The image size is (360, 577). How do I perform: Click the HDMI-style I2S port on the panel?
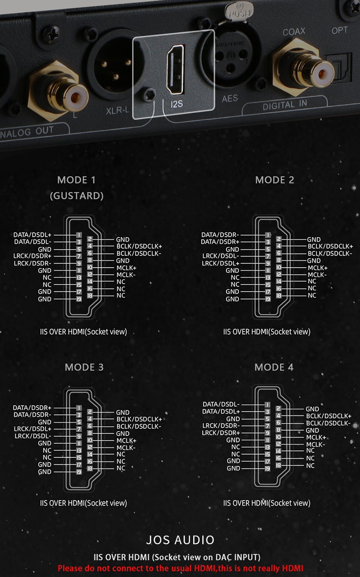[x=176, y=69]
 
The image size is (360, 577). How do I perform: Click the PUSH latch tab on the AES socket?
[x=239, y=10]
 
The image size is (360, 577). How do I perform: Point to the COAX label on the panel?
[x=294, y=31]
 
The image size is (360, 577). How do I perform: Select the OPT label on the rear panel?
[x=339, y=31]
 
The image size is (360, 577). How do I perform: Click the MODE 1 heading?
[x=76, y=180]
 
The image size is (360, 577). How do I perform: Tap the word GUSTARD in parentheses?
[x=77, y=196]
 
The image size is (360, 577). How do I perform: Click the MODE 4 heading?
[x=274, y=367]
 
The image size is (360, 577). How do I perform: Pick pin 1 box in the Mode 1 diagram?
[x=79, y=235]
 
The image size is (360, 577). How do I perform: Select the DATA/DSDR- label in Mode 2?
[x=220, y=235]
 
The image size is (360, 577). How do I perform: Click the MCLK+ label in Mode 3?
[x=126, y=440]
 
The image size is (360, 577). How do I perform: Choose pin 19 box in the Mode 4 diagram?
[x=268, y=469]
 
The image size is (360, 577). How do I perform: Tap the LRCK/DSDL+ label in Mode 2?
[x=221, y=264]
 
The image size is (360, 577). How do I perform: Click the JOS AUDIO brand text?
[x=180, y=540]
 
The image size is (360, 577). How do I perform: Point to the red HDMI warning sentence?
[x=180, y=568]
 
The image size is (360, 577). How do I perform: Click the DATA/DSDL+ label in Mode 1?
[x=32, y=235]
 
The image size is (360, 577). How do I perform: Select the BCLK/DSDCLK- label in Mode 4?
[x=328, y=423]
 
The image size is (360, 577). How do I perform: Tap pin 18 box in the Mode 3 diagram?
[x=90, y=468]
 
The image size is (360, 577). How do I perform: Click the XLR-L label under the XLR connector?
[x=117, y=111]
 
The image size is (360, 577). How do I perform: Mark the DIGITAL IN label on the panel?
[x=285, y=105]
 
